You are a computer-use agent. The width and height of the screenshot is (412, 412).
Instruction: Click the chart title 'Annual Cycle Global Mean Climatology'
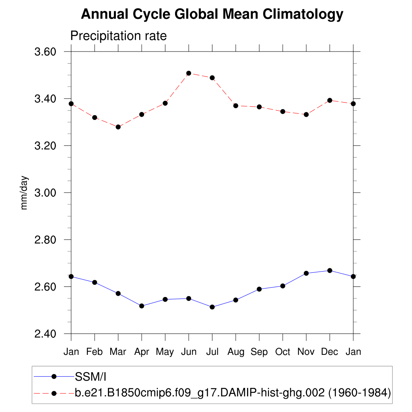point(212,14)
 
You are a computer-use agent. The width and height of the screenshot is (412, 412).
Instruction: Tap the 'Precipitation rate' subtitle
point(118,36)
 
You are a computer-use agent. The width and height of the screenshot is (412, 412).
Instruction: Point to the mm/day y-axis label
point(25,192)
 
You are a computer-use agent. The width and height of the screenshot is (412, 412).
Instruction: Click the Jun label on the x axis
point(189,352)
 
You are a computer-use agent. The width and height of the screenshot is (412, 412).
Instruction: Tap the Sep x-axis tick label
point(259,352)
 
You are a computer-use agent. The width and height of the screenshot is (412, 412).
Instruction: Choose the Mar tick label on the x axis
point(118,352)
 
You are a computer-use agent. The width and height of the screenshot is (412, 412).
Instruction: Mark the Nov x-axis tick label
point(306,352)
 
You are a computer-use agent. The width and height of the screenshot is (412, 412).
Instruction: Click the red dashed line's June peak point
point(189,73)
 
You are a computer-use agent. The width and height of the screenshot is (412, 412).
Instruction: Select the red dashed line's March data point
point(118,127)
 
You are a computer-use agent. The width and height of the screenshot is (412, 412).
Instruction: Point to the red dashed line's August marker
point(236,106)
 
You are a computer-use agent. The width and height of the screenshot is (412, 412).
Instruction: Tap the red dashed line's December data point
point(330,100)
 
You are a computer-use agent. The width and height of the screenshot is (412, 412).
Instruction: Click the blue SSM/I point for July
point(212,307)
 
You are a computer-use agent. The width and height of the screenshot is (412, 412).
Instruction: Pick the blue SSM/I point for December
point(330,270)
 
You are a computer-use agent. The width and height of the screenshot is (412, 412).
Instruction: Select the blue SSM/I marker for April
point(142,306)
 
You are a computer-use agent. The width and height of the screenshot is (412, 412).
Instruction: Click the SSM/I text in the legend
point(90,377)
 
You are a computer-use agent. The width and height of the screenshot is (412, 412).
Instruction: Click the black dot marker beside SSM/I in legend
point(54,377)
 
